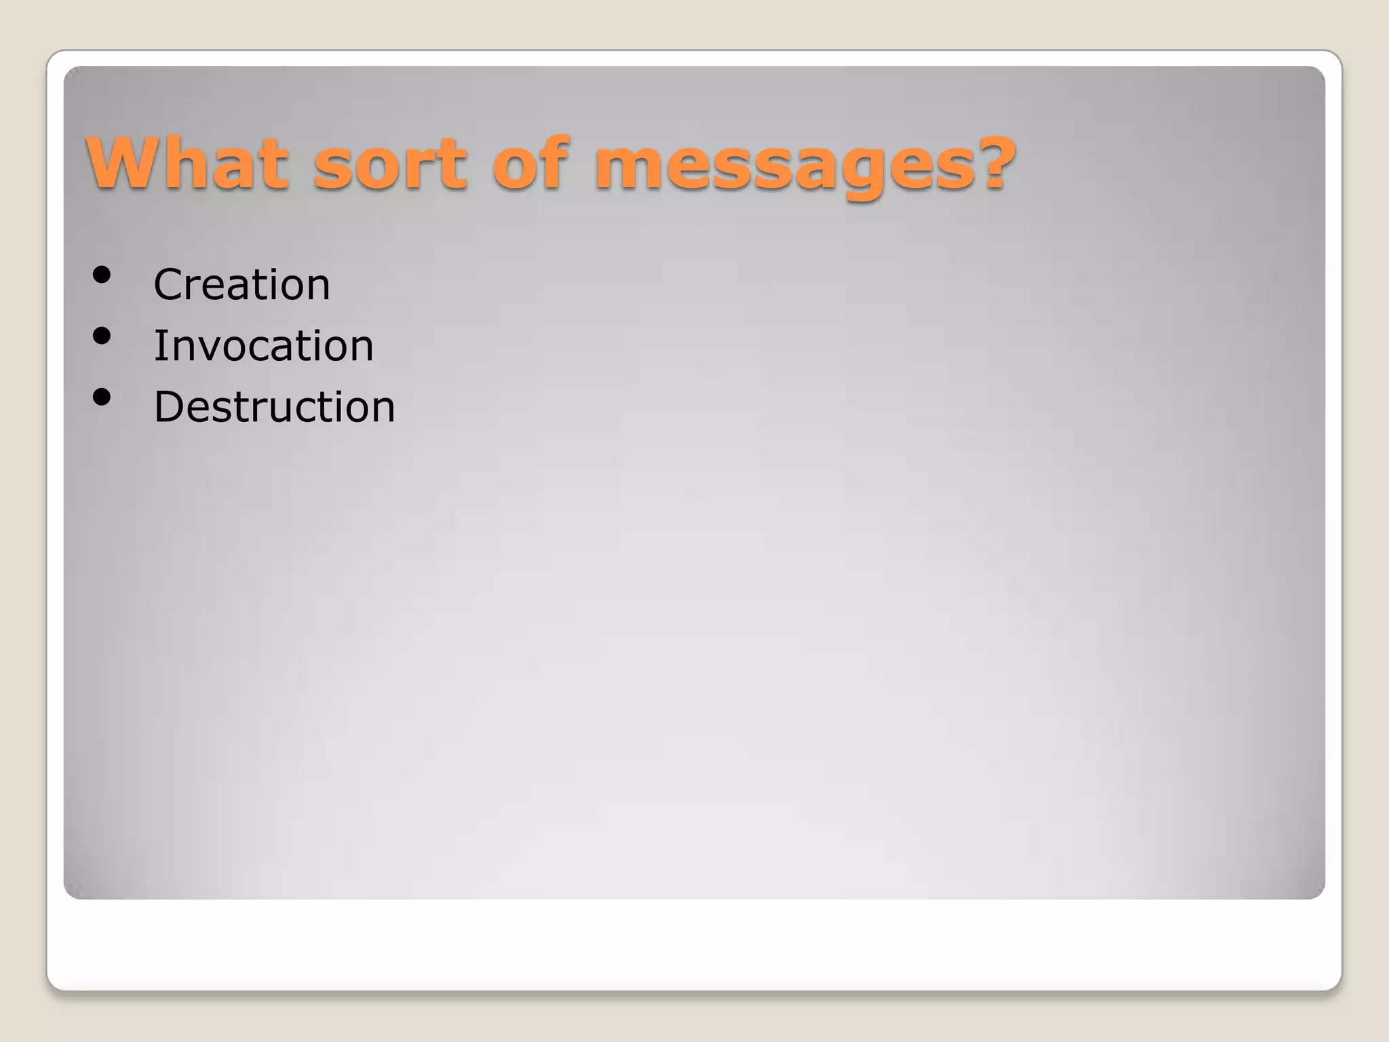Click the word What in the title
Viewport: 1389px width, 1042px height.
click(187, 163)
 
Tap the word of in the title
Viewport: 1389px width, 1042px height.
click(531, 163)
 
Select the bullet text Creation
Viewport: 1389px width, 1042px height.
click(241, 284)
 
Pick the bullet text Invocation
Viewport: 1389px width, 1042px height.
click(263, 346)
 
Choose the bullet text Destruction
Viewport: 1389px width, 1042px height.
click(274, 407)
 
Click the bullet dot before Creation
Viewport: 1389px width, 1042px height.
click(102, 275)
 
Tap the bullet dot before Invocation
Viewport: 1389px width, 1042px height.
click(102, 336)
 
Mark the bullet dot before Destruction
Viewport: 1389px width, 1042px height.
click(102, 397)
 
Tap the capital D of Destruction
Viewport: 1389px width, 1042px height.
click(170, 407)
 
